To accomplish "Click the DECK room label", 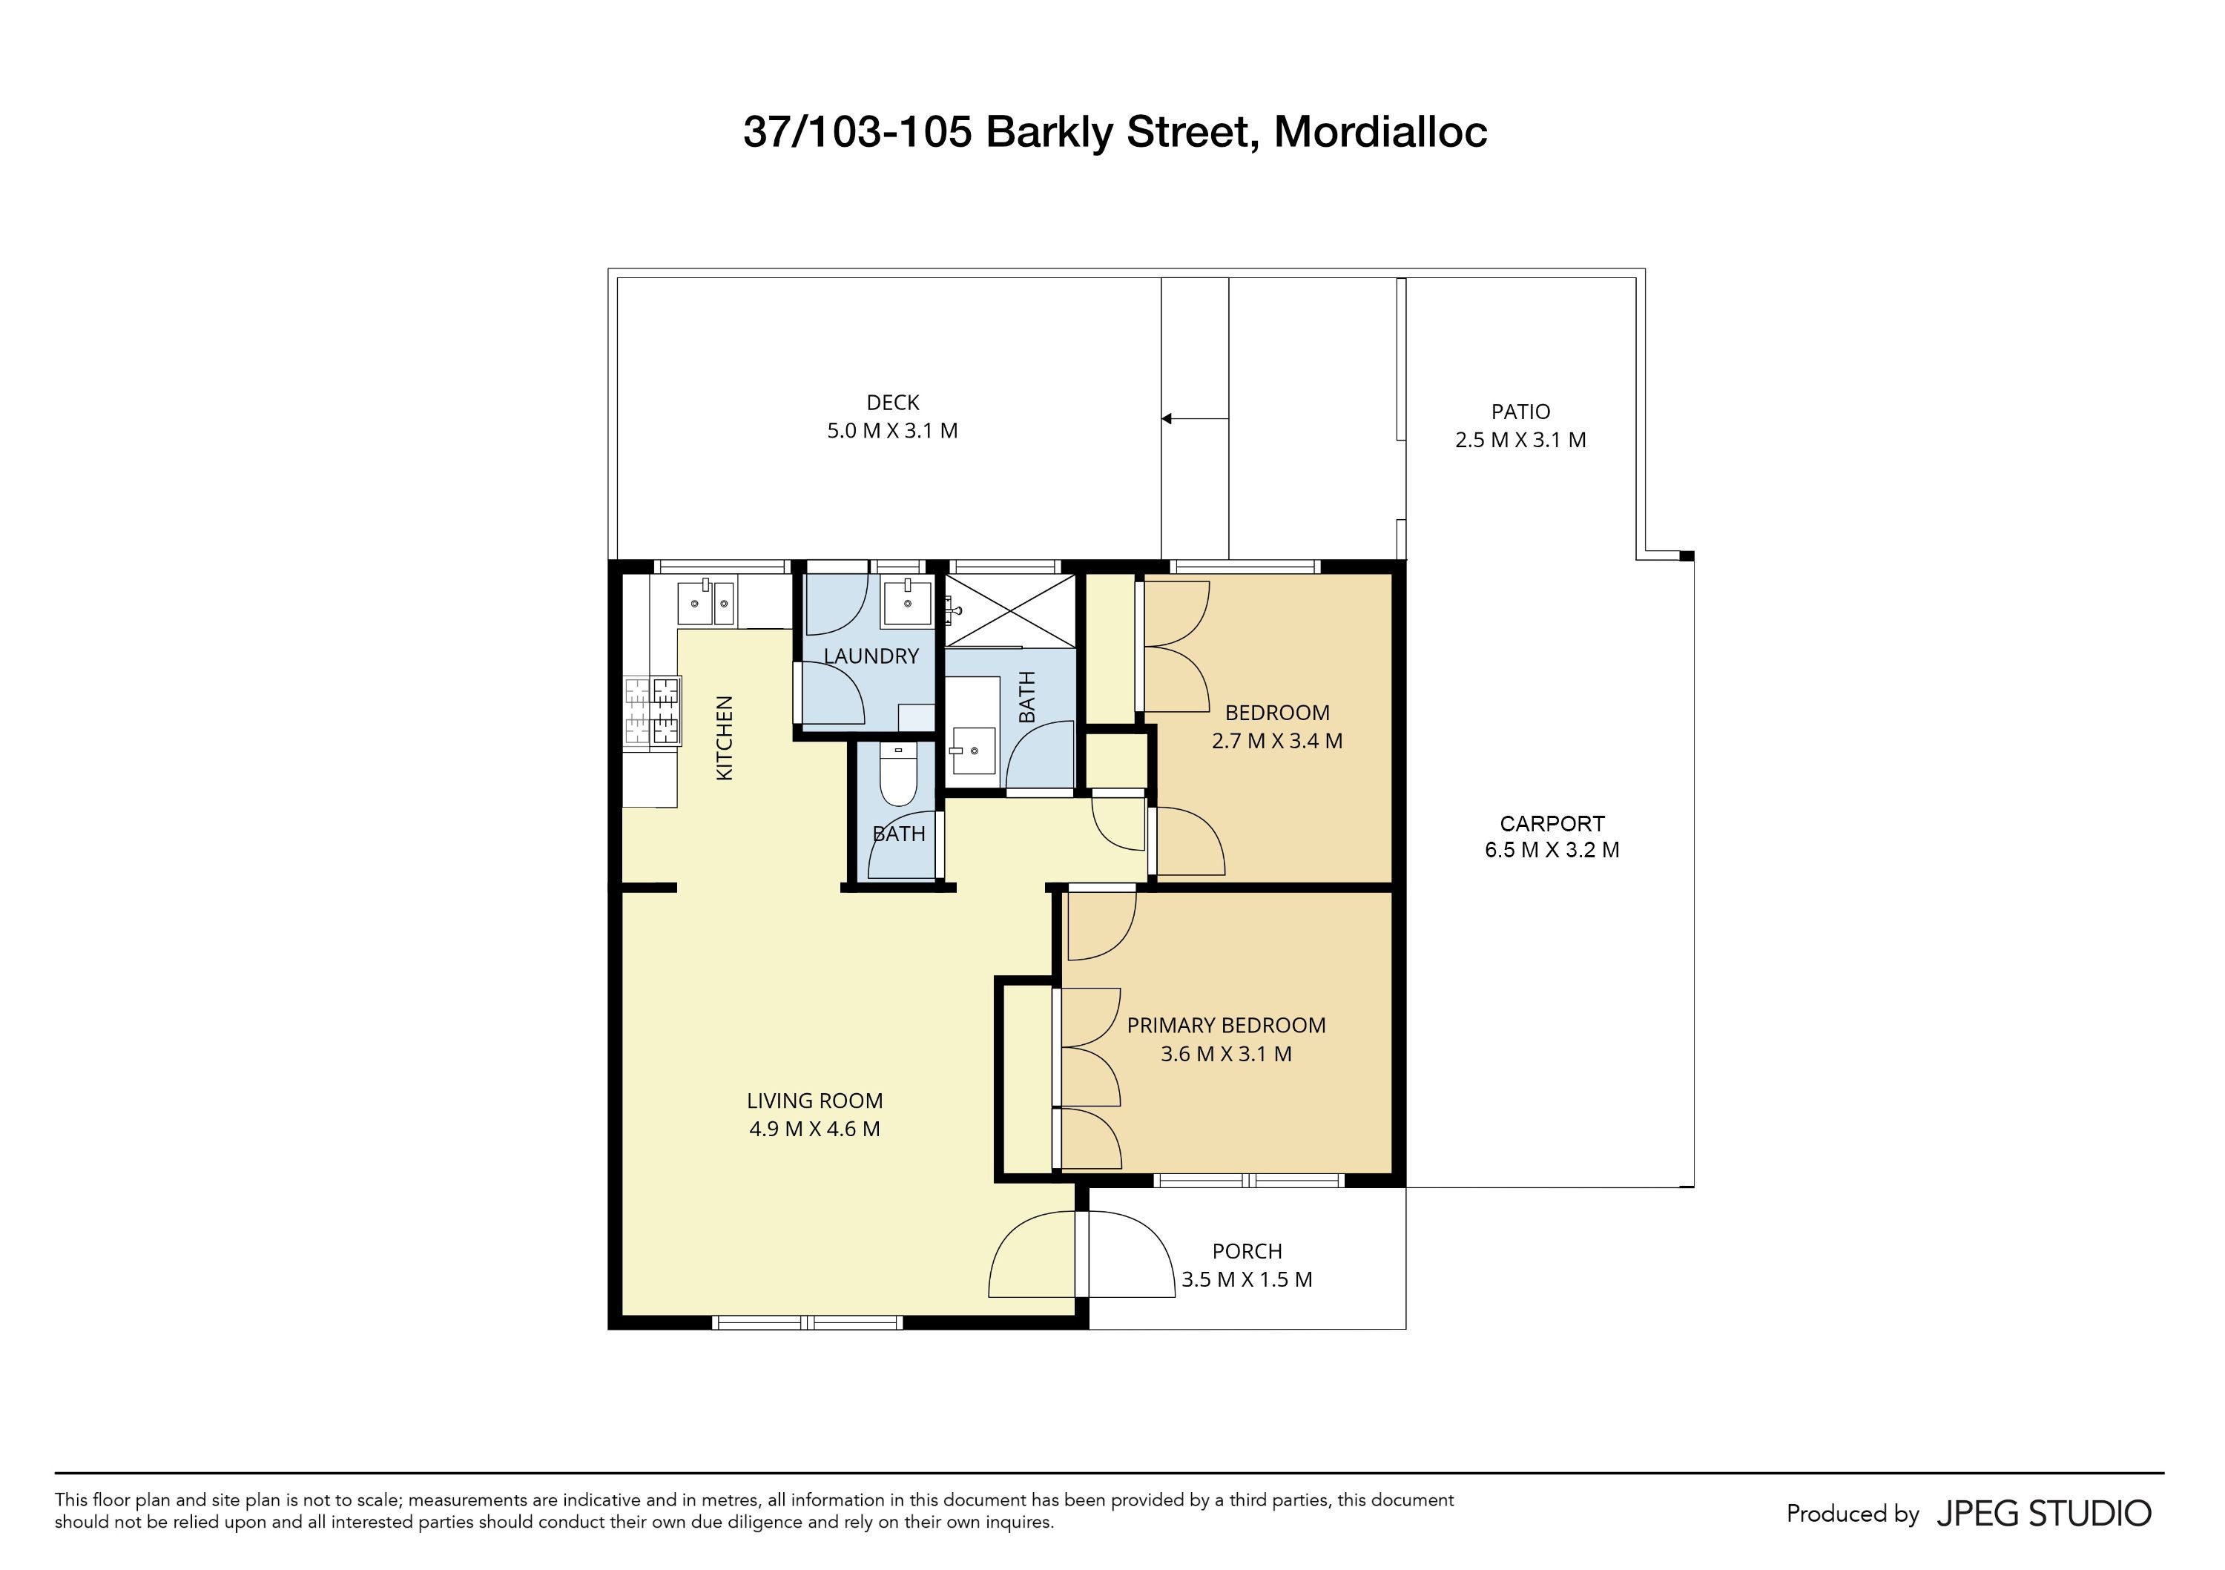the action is [x=892, y=402].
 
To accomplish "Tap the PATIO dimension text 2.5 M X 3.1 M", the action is [x=1520, y=440].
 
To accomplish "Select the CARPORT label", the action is [x=1552, y=824].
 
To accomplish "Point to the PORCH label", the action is [x=1247, y=1251].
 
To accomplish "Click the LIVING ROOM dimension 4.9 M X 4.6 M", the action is [x=814, y=1129].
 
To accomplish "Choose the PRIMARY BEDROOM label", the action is [x=1226, y=1026].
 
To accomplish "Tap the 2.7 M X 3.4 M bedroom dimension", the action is [x=1277, y=742].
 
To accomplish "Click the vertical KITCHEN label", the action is [x=724, y=737].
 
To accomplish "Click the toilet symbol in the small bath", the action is [x=898, y=774].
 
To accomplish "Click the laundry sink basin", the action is [x=908, y=602].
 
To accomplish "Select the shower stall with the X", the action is [x=1009, y=610].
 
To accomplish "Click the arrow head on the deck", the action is [x=1167, y=419].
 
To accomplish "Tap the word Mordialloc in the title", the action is [x=1380, y=132].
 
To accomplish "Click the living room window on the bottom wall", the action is [x=807, y=1322].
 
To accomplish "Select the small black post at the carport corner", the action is [x=1687, y=555].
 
